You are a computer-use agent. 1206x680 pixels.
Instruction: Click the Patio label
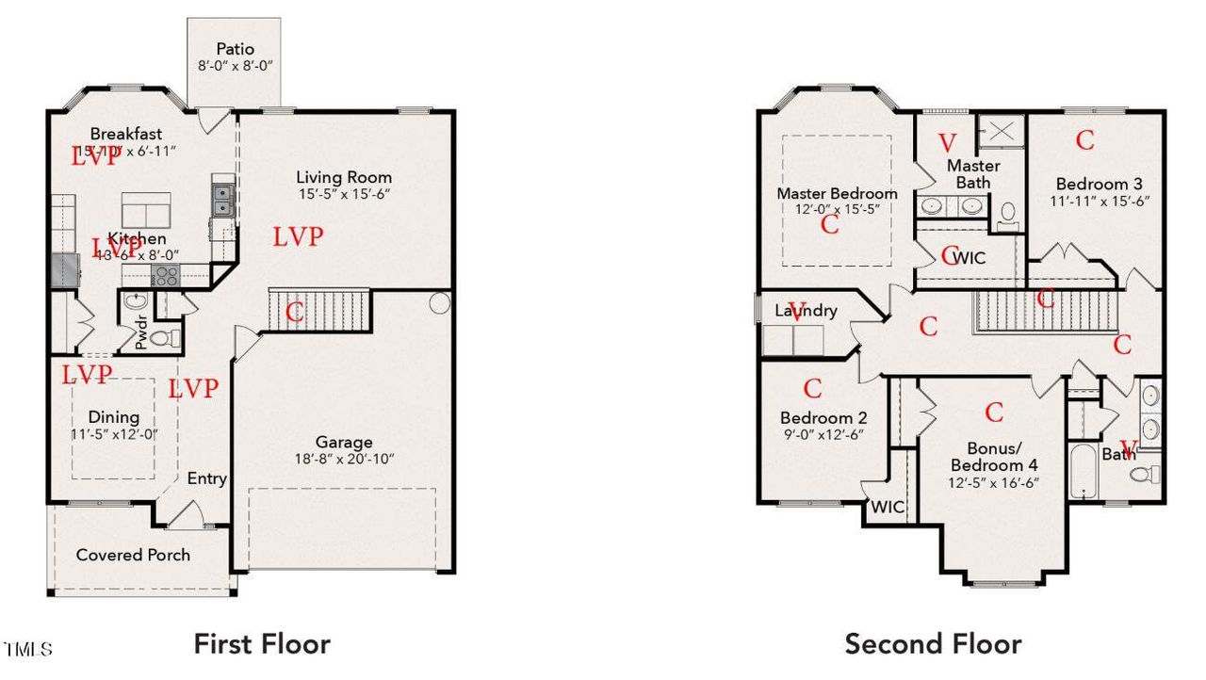(235, 48)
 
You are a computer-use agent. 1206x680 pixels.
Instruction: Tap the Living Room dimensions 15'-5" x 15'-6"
(344, 194)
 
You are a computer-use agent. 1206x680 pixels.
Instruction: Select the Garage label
(343, 442)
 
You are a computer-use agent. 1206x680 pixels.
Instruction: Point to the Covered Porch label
(133, 555)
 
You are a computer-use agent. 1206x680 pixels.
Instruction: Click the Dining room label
(114, 417)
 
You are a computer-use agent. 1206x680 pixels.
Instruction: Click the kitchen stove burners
(166, 276)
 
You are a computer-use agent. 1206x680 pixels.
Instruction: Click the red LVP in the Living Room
(299, 237)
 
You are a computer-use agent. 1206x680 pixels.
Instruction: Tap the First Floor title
(262, 644)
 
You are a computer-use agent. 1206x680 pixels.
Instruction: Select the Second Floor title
(933, 644)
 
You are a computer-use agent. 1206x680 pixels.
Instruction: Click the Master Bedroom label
(837, 193)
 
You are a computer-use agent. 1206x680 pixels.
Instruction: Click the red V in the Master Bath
(948, 143)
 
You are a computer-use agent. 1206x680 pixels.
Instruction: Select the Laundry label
(806, 310)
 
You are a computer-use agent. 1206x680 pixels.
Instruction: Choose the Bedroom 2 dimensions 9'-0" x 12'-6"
(823, 435)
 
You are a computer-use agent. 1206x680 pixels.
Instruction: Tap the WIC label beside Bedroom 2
(888, 508)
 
